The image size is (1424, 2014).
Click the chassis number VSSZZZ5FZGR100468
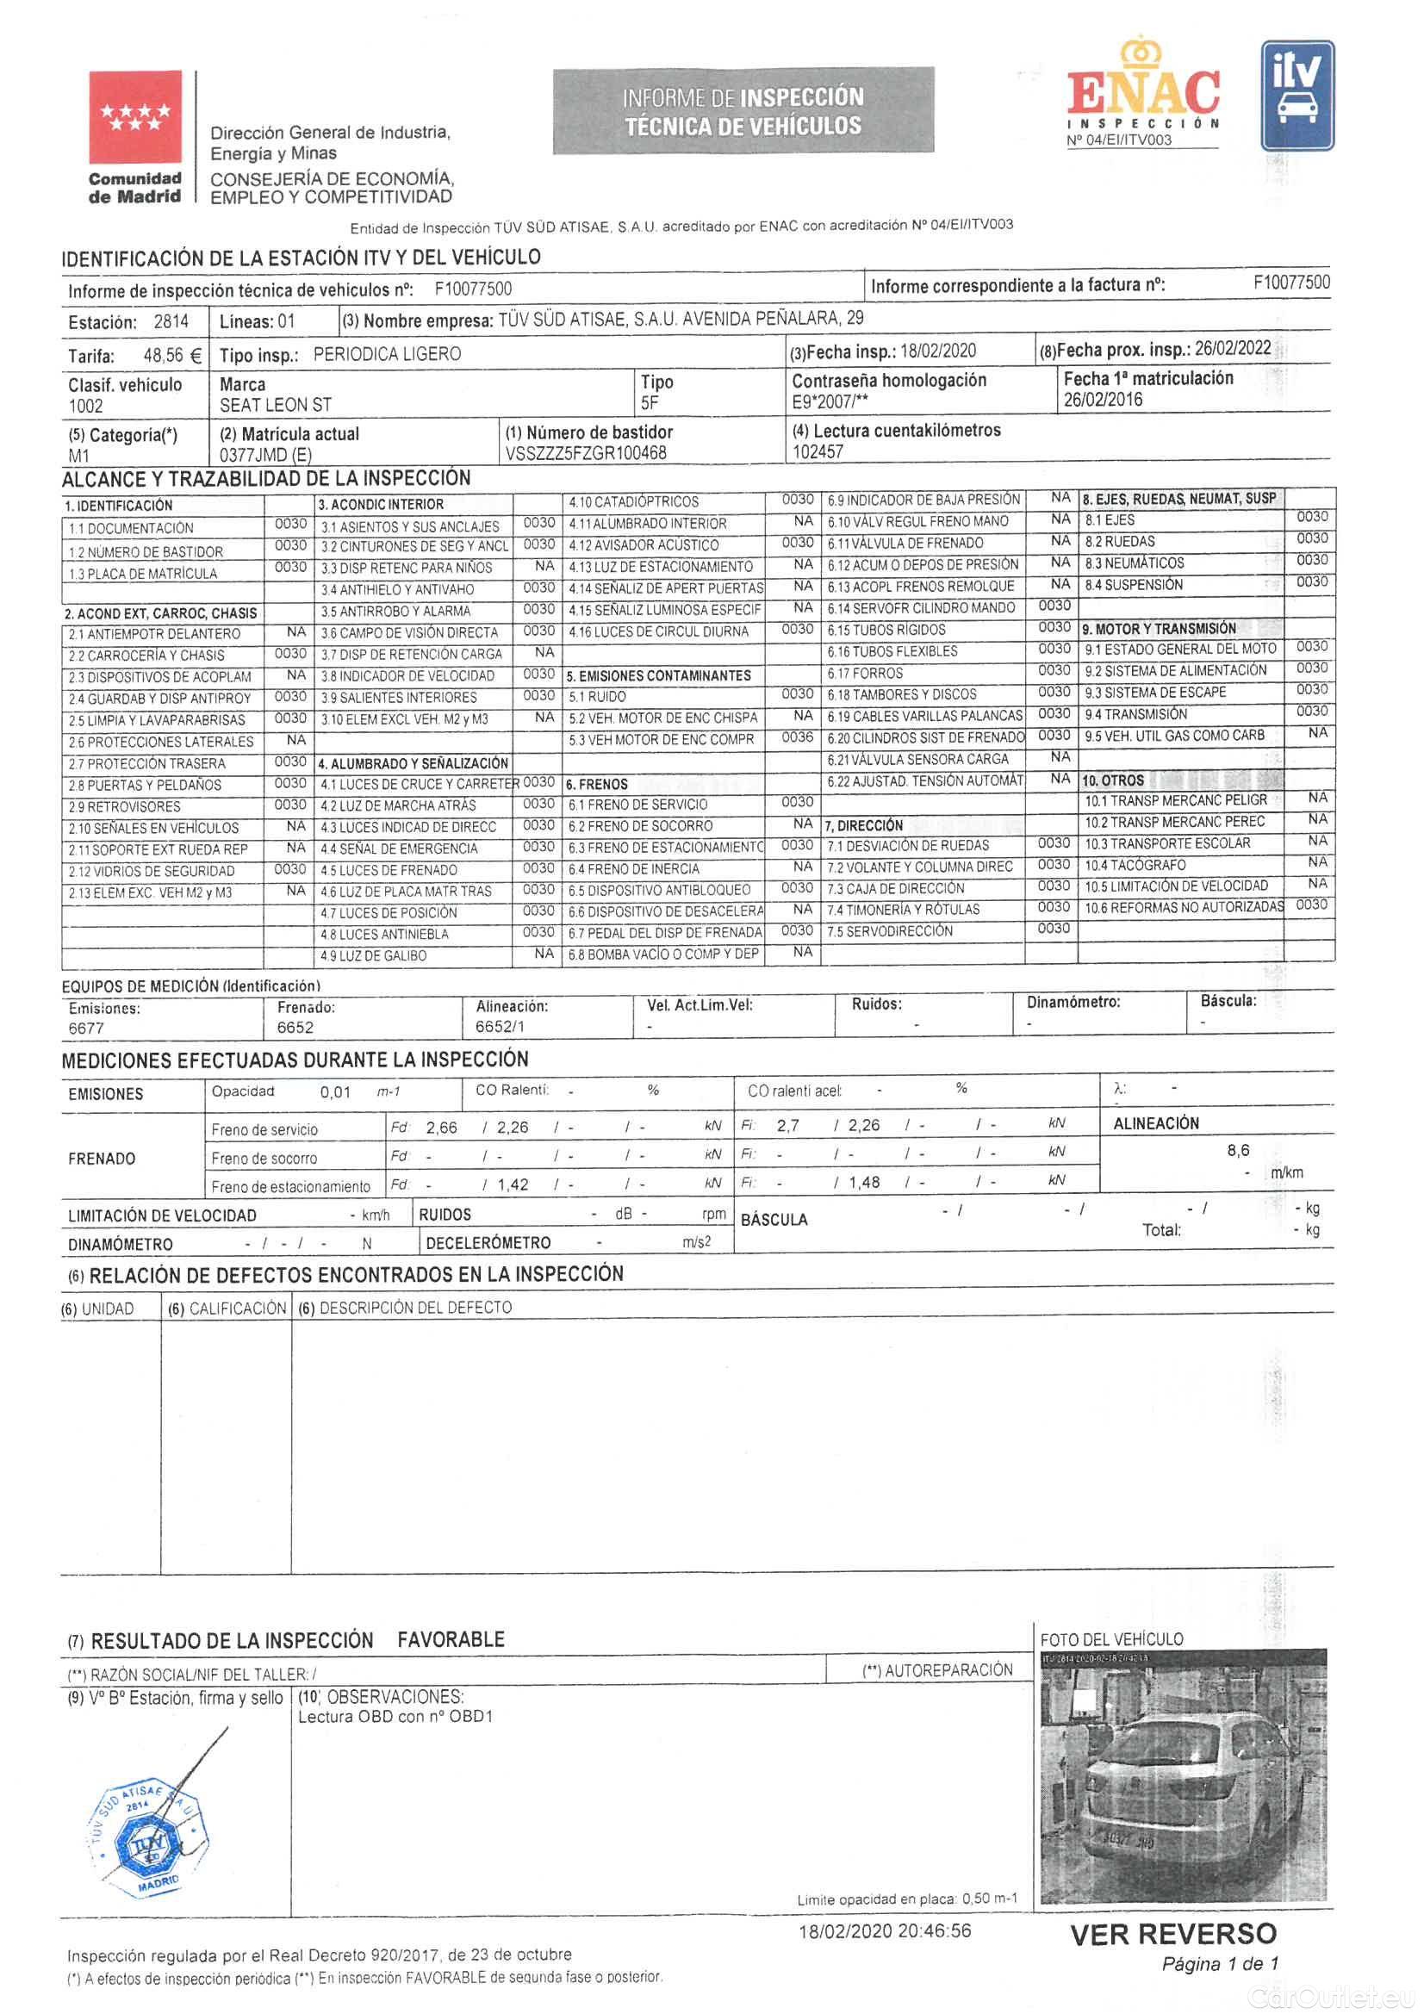click(586, 453)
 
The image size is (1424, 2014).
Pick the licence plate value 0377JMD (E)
click(266, 455)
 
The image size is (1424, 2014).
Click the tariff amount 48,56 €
click(173, 356)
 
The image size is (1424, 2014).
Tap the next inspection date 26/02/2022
click(1233, 347)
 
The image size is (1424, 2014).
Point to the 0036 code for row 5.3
click(797, 737)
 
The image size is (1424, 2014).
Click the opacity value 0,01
click(336, 1092)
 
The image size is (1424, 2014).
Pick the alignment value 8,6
click(1238, 1150)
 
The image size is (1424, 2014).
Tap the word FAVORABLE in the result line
click(451, 1639)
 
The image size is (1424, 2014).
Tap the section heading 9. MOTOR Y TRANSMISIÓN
click(1160, 629)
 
